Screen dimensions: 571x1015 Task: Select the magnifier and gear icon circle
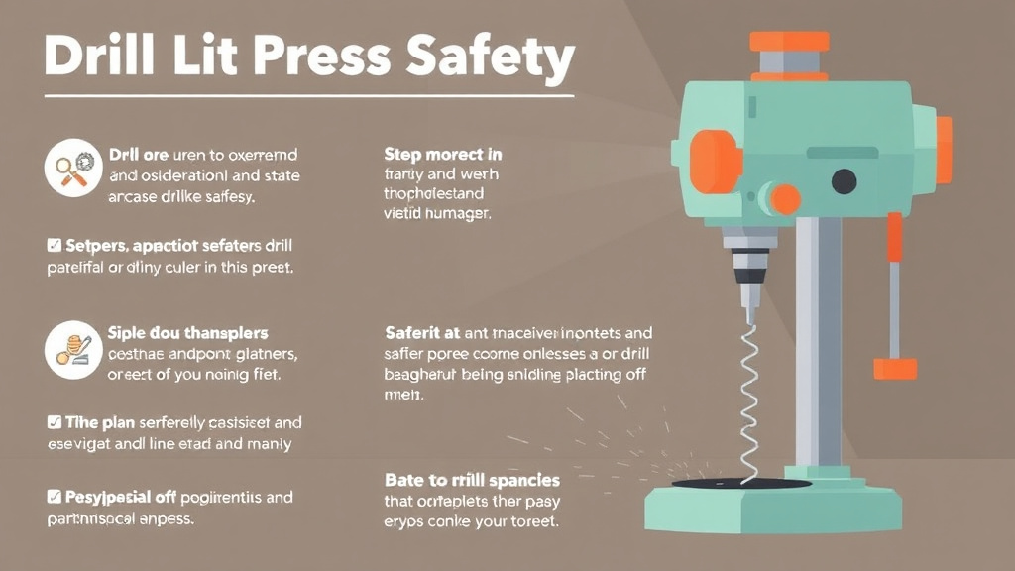point(74,167)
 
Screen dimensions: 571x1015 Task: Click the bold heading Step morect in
point(442,155)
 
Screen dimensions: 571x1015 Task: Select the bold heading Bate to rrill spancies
point(471,480)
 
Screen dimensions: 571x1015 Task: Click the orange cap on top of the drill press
point(789,42)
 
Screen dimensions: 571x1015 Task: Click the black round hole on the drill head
point(844,180)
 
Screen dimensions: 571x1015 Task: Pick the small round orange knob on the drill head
point(785,199)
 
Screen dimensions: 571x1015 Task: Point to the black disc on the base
point(739,483)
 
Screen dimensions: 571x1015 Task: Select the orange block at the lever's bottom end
point(894,369)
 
